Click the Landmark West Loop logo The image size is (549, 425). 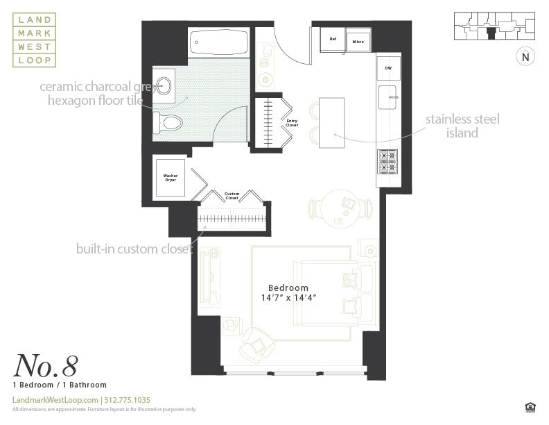point(34,40)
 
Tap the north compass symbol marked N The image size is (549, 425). point(525,57)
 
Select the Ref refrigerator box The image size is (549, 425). point(333,40)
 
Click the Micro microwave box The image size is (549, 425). point(358,40)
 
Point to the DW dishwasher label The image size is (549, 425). point(388,68)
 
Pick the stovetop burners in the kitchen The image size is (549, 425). point(387,161)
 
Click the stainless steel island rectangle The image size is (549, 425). point(331,122)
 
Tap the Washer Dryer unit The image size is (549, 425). point(170,178)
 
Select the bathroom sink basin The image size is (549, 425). point(164,85)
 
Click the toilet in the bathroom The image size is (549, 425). point(168,124)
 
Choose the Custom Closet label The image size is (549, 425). point(232,197)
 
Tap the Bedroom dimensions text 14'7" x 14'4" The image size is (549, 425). point(288,299)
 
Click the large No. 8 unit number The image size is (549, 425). point(45,365)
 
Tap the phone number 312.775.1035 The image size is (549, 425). point(127,400)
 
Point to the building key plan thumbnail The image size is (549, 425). point(494,26)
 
